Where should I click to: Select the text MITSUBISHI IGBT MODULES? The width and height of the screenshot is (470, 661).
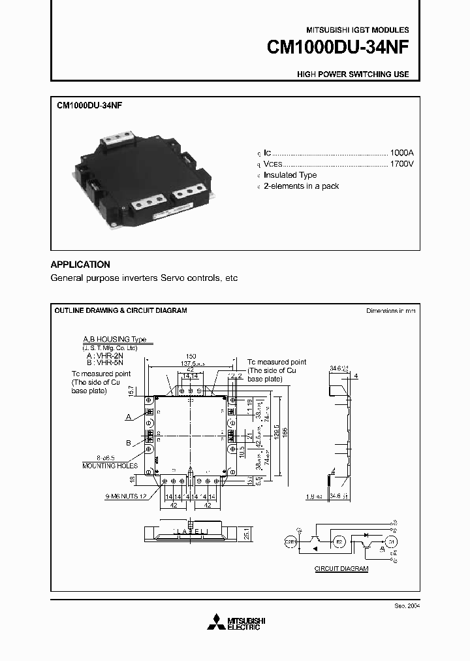pos(358,30)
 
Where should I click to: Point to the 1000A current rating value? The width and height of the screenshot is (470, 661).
pos(401,151)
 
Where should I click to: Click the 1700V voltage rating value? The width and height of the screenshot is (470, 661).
pos(401,163)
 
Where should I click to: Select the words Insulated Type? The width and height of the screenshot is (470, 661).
pos(290,175)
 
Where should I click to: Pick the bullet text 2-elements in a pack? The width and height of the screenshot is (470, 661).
pos(301,186)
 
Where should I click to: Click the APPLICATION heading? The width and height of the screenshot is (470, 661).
pos(80,265)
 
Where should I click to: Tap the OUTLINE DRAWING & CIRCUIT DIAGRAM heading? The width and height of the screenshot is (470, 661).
pos(121,310)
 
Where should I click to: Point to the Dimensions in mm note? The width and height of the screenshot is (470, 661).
pos(390,311)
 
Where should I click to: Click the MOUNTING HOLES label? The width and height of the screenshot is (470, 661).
pos(110,466)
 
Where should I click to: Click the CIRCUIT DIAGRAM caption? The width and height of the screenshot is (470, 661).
pos(341,569)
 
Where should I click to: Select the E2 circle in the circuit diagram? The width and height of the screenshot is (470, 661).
pos(339,541)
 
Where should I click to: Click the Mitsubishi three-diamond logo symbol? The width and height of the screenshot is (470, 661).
pos(215,622)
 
